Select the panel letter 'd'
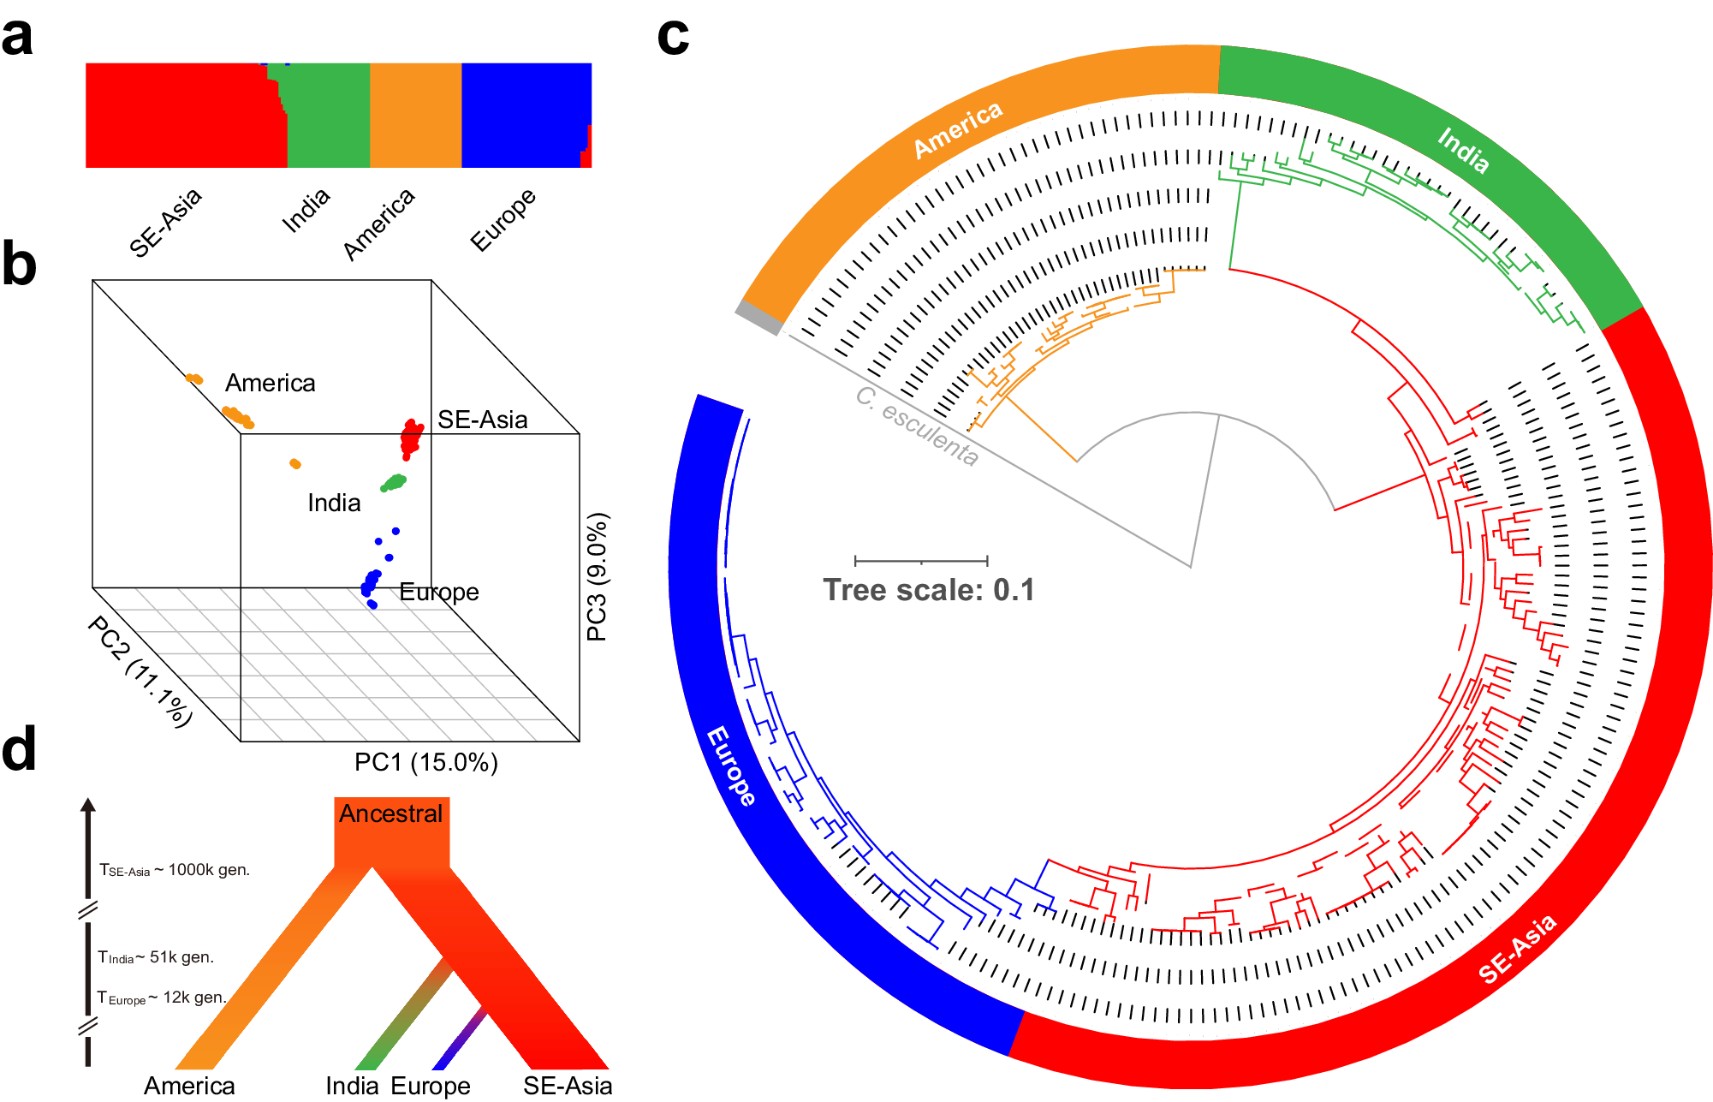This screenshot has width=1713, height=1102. [x=19, y=749]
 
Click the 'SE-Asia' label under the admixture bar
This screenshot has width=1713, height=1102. [x=165, y=222]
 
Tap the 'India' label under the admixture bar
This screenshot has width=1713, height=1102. [x=306, y=211]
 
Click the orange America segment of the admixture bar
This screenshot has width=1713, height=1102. [x=415, y=115]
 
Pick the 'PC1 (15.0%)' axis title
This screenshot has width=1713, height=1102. [x=425, y=762]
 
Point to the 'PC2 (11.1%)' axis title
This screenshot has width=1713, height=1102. [x=140, y=671]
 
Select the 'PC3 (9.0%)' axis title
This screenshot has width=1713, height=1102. [x=597, y=576]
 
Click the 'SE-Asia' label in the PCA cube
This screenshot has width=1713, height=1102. [x=482, y=420]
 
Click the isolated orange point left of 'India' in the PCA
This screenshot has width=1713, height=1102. [x=295, y=463]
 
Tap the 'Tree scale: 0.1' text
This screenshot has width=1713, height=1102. [x=928, y=590]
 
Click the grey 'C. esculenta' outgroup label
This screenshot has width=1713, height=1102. [x=917, y=426]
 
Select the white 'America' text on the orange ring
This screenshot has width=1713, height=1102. [x=957, y=129]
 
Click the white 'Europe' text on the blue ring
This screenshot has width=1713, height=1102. [x=731, y=765]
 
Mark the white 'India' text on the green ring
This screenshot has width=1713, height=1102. [x=1463, y=150]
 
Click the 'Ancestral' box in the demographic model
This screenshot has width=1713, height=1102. [x=391, y=813]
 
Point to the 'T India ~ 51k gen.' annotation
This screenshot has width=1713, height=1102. [x=156, y=957]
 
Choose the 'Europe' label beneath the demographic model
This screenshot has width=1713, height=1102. [x=431, y=1086]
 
